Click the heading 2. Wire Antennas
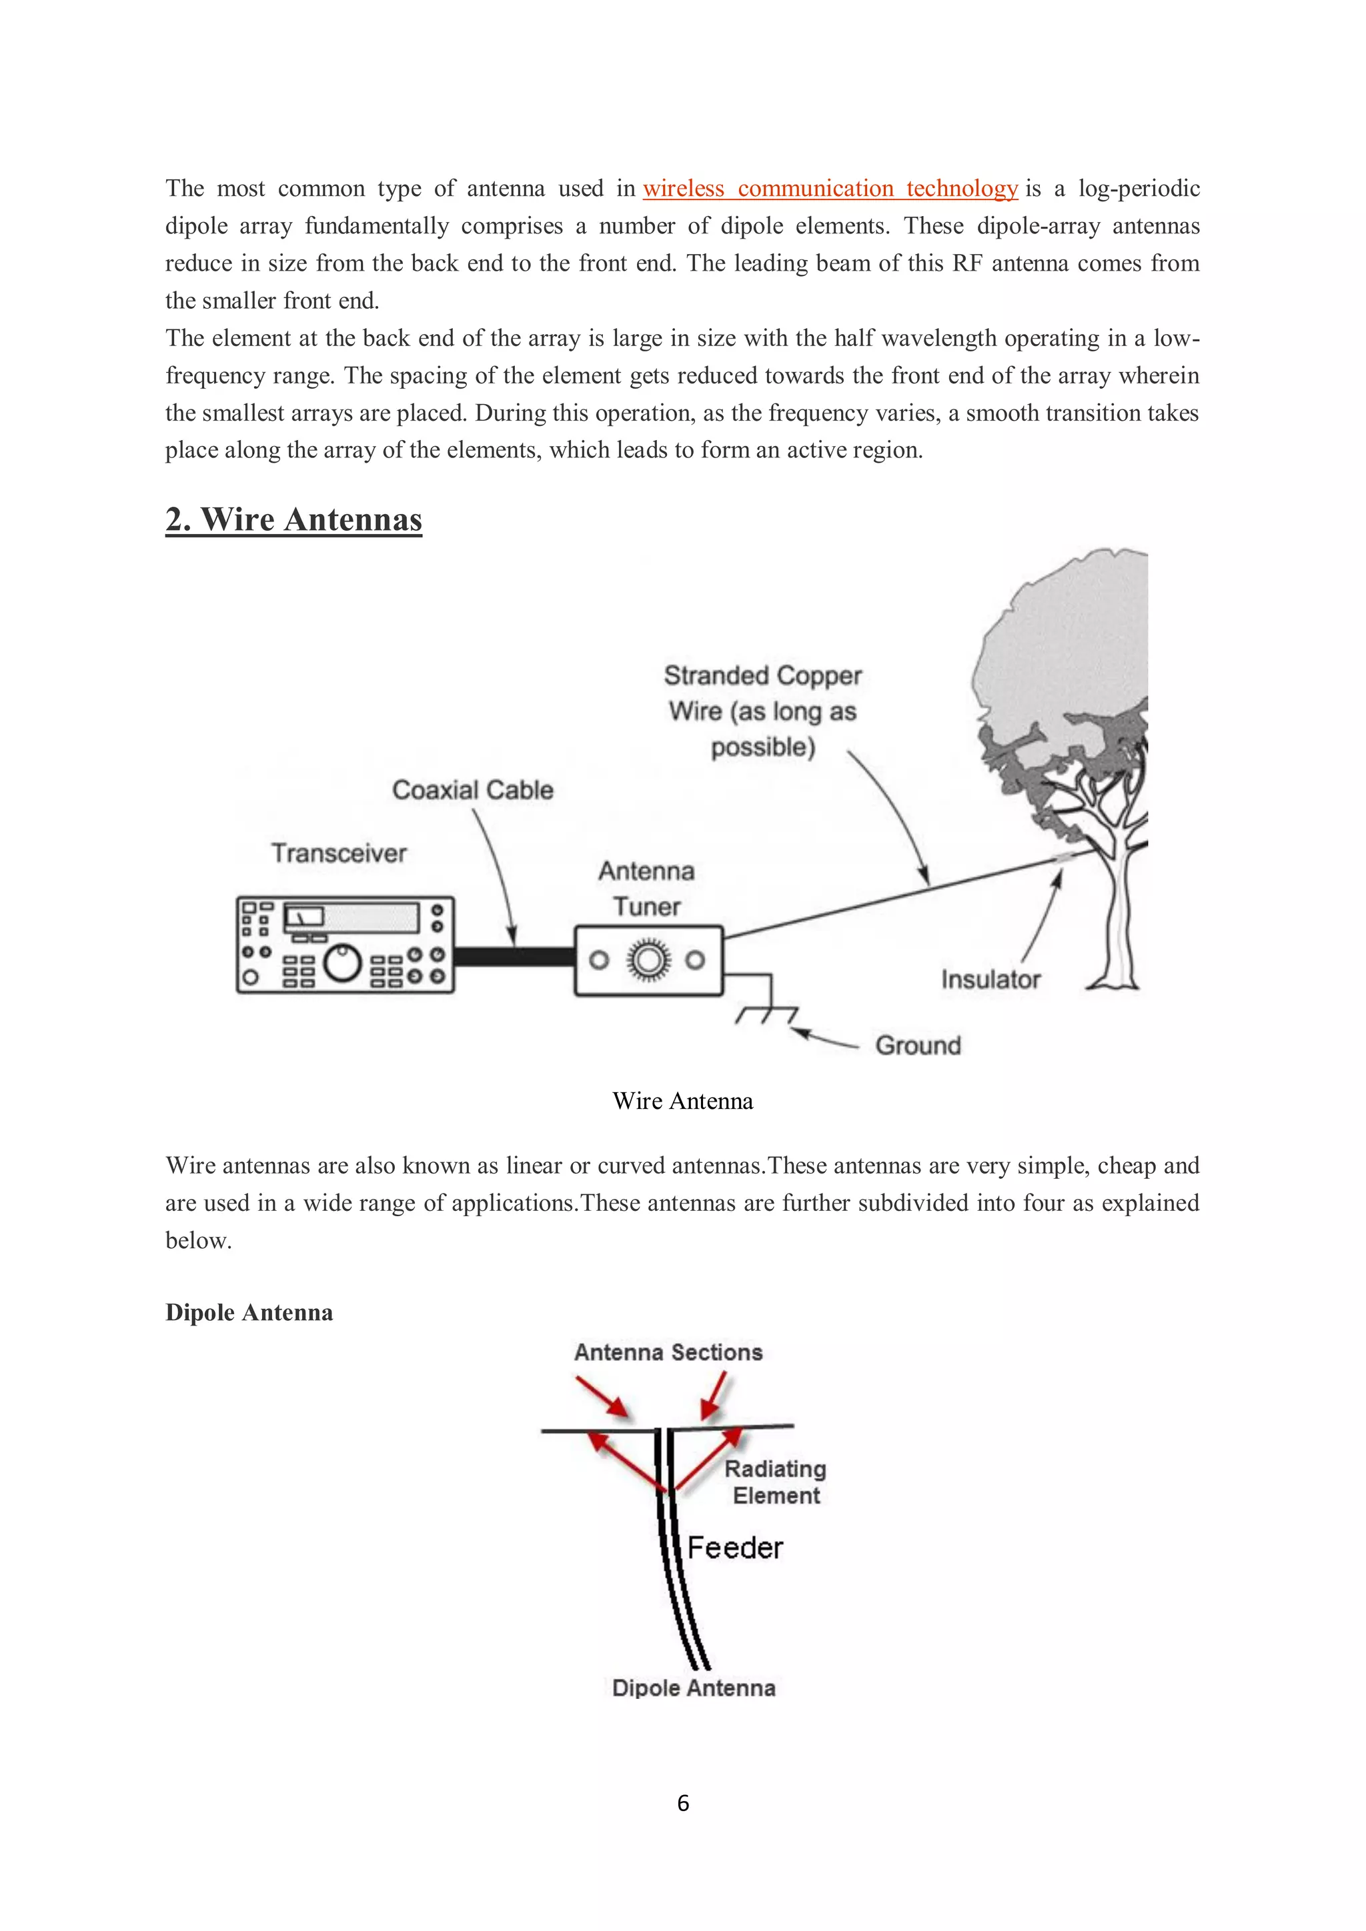click(x=293, y=519)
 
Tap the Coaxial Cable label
click(x=473, y=789)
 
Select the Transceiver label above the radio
click(x=338, y=853)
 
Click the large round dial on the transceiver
click(x=342, y=963)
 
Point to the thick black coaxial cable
click(x=513, y=956)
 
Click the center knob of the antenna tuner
click(x=647, y=960)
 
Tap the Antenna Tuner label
click(x=646, y=889)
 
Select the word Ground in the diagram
click(x=918, y=1046)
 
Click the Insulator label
click(x=990, y=980)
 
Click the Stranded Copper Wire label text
click(x=763, y=711)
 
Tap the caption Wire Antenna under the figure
click(x=682, y=1101)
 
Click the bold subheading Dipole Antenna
click(x=249, y=1313)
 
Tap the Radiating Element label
click(x=774, y=1482)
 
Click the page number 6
click(x=683, y=1802)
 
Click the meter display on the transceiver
click(x=305, y=917)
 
